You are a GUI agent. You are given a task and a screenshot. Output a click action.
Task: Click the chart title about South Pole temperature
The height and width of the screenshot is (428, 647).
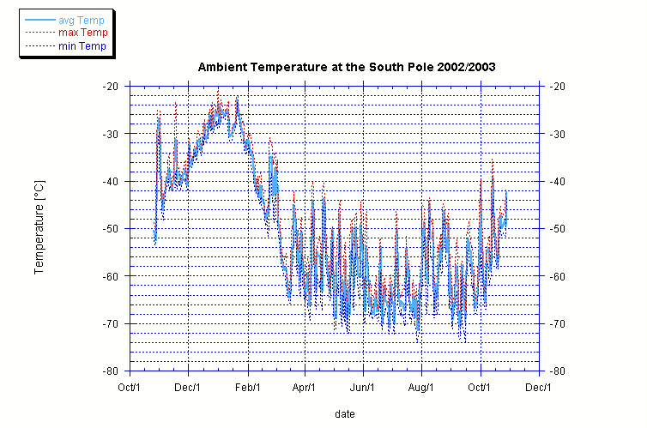347,67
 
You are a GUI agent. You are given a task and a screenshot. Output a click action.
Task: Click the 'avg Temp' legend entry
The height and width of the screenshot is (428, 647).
77,20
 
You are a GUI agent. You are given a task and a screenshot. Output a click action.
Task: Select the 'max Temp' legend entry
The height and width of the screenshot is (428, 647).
77,33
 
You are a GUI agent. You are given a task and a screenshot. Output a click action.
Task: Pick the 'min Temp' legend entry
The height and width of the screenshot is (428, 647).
77,45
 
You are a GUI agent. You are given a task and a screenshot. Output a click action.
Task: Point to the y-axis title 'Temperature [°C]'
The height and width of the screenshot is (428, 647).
39,227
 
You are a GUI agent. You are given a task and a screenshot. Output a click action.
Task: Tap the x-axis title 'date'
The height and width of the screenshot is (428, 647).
345,414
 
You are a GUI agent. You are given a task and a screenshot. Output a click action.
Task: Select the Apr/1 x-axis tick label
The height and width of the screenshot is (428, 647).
305,387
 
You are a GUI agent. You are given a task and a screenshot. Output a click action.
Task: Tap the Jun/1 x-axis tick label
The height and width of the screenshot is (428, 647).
364,387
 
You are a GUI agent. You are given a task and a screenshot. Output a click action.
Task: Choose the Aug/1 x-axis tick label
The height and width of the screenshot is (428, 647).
422,387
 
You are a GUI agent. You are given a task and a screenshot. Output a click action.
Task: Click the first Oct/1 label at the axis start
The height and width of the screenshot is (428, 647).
130,387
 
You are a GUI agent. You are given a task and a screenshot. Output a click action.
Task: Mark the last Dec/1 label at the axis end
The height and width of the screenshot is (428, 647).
539,387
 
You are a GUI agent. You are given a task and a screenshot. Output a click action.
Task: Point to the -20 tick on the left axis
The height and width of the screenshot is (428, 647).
110,87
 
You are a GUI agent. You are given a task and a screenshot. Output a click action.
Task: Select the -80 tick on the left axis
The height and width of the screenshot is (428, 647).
110,371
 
